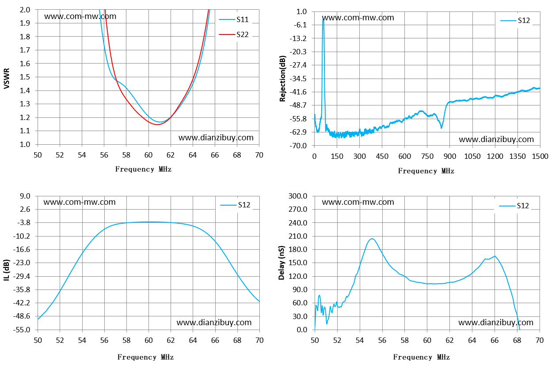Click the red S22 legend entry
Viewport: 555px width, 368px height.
pos(234,34)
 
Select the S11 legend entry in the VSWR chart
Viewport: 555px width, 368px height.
pos(234,19)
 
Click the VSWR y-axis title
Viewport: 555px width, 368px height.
pos(7,78)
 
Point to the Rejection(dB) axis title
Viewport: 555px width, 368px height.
pos(282,79)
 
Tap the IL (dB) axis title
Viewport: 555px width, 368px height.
pos(7,270)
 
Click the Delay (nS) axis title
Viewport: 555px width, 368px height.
pos(281,263)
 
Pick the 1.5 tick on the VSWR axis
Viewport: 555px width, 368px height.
pos(25,77)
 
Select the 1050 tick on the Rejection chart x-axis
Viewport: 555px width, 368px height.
pos(472,156)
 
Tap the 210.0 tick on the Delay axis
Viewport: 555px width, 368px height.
pos(298,236)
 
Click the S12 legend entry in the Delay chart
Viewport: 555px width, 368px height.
pos(513,206)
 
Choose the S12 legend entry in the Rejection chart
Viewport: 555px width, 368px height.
pos(515,20)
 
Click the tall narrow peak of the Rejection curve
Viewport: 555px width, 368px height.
pos(323,20)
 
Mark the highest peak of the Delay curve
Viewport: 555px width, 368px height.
pos(372,239)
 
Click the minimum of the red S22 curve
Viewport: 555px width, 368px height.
pos(157,124)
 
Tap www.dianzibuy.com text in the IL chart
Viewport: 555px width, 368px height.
pos(214,322)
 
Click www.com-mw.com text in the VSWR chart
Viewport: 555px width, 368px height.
pos(80,16)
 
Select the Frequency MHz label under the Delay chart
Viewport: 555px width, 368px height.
pos(422,357)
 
